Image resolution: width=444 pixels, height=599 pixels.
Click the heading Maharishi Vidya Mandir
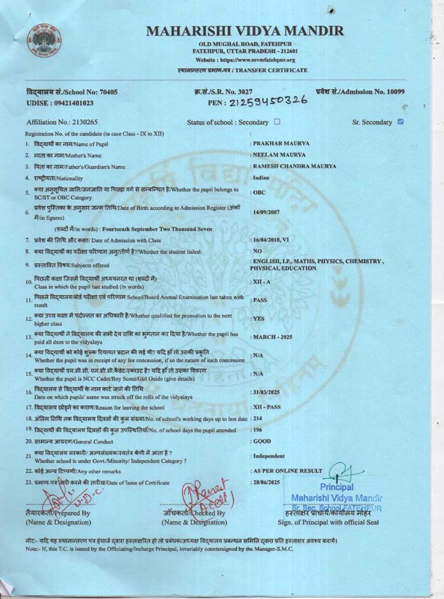coord(245,31)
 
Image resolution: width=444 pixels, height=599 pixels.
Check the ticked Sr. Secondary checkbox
coord(400,122)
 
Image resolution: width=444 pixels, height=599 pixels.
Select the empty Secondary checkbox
coord(277,122)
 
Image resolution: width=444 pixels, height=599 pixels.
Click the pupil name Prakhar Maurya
coord(281,144)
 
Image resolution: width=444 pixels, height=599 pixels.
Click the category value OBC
coord(259,193)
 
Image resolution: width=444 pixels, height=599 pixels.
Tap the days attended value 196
coord(258,430)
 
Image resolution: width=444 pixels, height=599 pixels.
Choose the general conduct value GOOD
coord(262,441)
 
